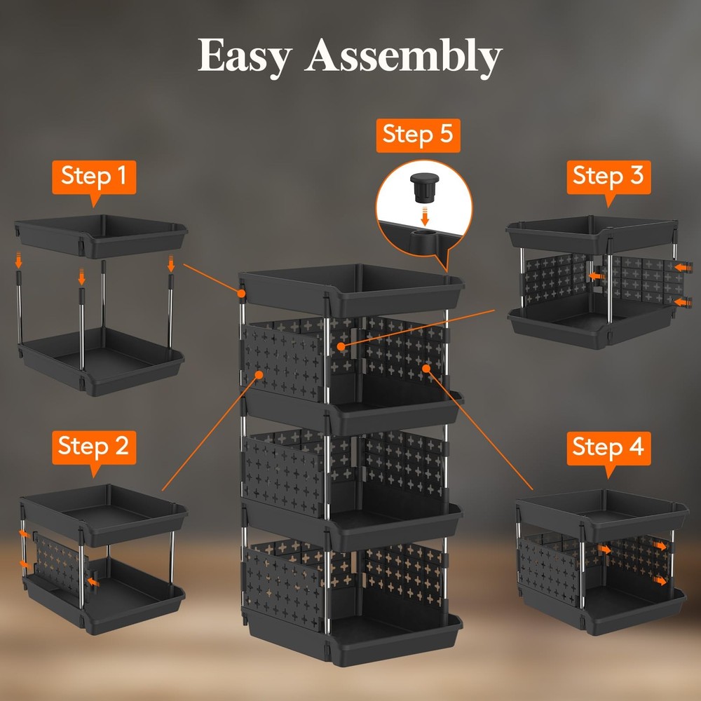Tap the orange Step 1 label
click(x=94, y=176)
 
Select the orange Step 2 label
click(x=93, y=446)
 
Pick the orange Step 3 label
click(x=608, y=175)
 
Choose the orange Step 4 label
click(x=608, y=446)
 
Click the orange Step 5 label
click(x=418, y=135)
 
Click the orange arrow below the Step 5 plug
click(x=424, y=212)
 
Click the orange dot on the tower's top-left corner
click(x=241, y=293)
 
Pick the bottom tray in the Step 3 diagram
click(x=593, y=327)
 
